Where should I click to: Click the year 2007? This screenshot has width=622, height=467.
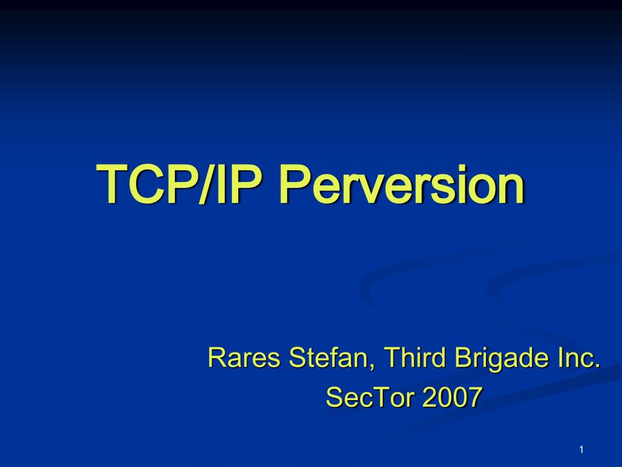click(452, 396)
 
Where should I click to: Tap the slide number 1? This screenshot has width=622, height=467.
click(581, 449)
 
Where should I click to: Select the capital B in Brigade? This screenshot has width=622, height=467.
click(463, 357)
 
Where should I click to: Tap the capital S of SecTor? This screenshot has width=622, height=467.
click(335, 396)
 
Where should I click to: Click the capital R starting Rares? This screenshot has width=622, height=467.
click(217, 357)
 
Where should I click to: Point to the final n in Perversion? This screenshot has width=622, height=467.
click(511, 189)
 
